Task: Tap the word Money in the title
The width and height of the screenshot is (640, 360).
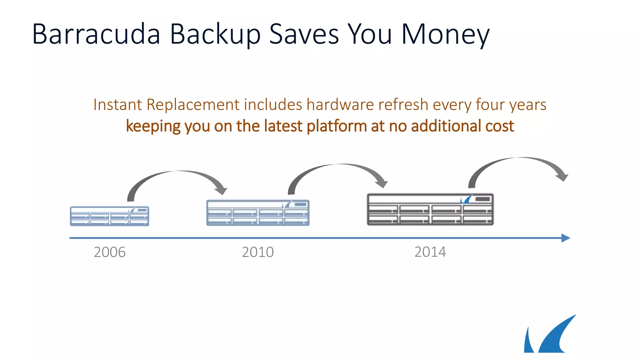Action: [x=445, y=34]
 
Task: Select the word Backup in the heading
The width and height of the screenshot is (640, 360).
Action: [x=215, y=34]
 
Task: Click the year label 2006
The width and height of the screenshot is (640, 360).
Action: [x=110, y=252]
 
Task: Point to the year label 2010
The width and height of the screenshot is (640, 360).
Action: [x=258, y=252]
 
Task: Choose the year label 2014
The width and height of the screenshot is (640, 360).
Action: [x=430, y=252]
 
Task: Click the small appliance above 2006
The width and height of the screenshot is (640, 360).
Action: [x=109, y=216]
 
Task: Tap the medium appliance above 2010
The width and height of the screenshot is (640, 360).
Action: [x=258, y=213]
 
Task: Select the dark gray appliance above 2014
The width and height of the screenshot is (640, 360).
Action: [x=430, y=209]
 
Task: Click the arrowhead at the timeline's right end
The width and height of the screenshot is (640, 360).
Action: [x=566, y=238]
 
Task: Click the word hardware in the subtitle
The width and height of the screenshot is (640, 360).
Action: [x=340, y=105]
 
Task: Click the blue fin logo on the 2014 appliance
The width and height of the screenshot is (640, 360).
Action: [x=466, y=199]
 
